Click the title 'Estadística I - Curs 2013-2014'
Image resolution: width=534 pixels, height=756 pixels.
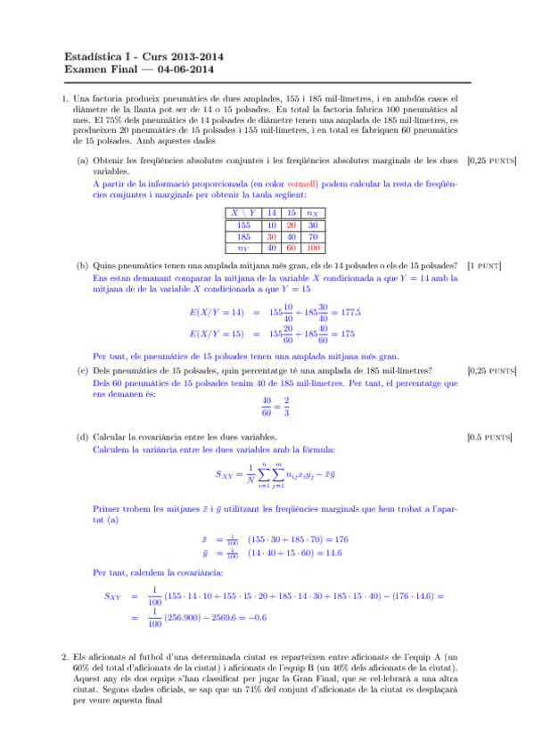pyautogui.click(x=144, y=56)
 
